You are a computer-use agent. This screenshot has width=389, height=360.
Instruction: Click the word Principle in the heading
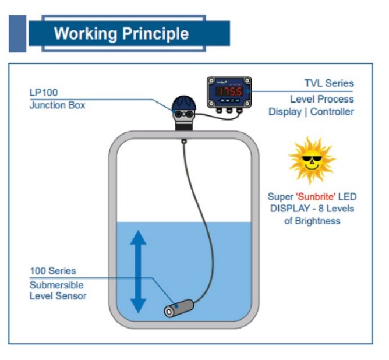click(x=156, y=33)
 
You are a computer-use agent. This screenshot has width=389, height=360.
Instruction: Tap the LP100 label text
click(x=44, y=93)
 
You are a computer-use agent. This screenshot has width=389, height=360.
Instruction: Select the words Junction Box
click(x=57, y=105)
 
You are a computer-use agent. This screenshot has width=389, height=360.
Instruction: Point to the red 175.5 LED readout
click(x=229, y=92)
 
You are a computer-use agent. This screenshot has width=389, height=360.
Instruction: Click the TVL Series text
click(x=329, y=84)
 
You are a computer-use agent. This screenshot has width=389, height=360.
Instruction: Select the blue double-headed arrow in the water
click(x=138, y=271)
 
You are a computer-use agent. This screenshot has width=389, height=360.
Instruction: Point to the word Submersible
click(x=56, y=285)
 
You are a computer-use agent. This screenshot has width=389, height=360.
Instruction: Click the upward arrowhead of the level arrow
click(x=138, y=238)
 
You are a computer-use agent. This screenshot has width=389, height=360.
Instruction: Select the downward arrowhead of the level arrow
click(x=138, y=304)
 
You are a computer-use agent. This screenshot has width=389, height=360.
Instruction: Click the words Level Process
click(x=321, y=99)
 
